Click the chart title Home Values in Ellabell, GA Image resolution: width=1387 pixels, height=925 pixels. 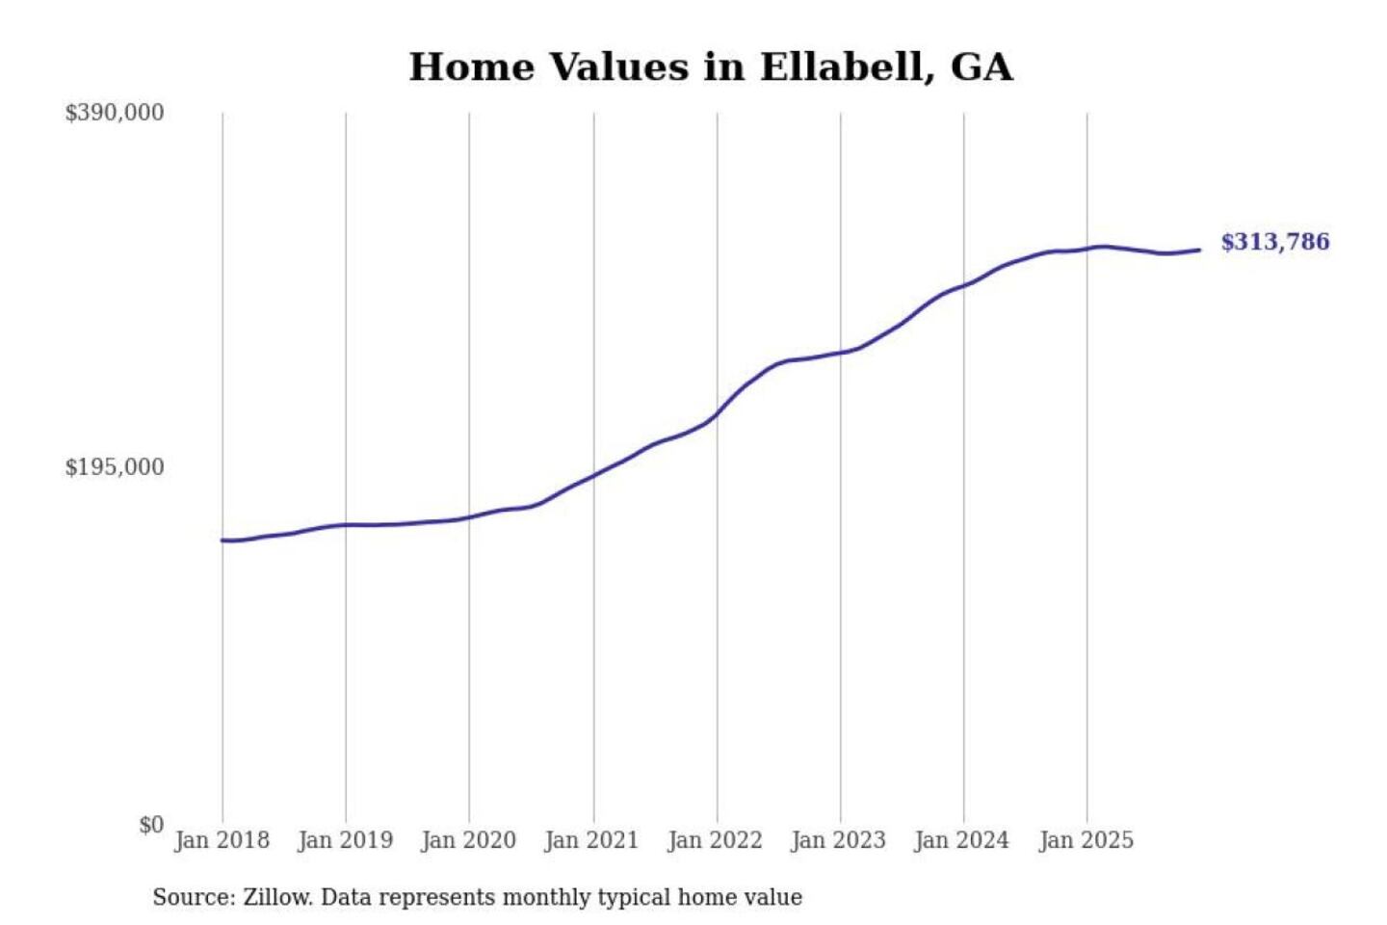pyautogui.click(x=711, y=67)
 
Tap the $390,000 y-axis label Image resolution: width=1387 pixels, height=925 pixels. pyautogui.click(x=115, y=113)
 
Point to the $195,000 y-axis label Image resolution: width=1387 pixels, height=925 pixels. pyautogui.click(x=115, y=467)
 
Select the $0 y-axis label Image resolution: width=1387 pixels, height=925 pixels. pyautogui.click(x=151, y=825)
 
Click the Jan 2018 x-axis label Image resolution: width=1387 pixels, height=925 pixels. pyautogui.click(x=222, y=840)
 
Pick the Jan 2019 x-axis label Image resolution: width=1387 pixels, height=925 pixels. pyautogui.click(x=346, y=840)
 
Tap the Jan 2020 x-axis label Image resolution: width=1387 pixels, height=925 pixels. pyautogui.click(x=469, y=840)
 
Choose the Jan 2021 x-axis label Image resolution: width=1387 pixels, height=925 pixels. pyautogui.click(x=592, y=840)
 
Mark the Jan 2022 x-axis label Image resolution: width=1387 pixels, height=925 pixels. pyautogui.click(x=716, y=840)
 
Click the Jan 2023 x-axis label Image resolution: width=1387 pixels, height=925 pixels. pyautogui.click(x=839, y=840)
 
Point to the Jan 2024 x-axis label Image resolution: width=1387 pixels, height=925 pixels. pyautogui.click(x=962, y=840)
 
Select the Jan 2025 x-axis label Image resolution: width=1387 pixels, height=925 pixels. pyautogui.click(x=1086, y=840)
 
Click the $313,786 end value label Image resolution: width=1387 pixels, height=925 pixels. pyautogui.click(x=1275, y=242)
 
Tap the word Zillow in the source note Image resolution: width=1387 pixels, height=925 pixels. pyautogui.click(x=277, y=897)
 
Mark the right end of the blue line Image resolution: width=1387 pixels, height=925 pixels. pyautogui.click(x=1199, y=251)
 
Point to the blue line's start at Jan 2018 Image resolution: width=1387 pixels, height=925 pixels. pyautogui.click(x=222, y=541)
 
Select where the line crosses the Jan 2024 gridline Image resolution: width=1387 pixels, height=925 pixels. pyautogui.click(x=964, y=285)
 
